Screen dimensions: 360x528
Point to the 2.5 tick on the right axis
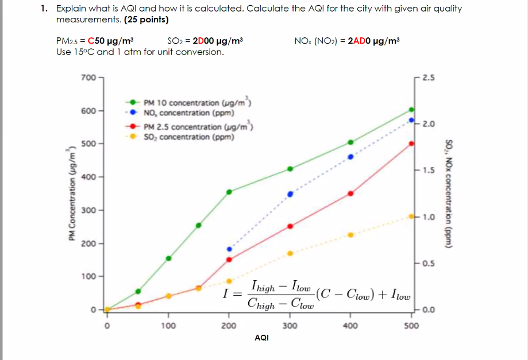click(429, 77)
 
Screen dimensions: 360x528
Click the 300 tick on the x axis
click(290, 326)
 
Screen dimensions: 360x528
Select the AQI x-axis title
click(261, 338)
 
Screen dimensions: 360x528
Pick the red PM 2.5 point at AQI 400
click(350, 193)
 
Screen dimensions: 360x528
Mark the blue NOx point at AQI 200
click(229, 249)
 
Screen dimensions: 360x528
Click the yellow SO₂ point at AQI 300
click(290, 253)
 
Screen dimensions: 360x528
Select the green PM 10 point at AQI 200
click(229, 192)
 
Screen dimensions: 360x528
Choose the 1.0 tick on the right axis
click(429, 217)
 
